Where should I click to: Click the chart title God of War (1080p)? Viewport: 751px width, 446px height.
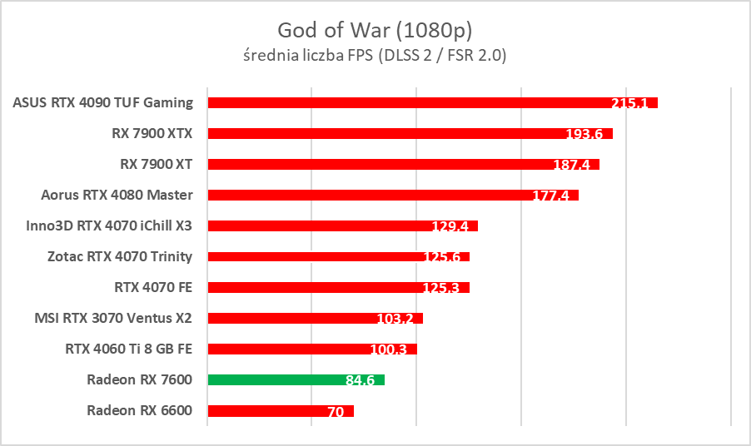(x=375, y=31)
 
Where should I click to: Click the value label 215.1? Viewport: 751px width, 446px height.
(x=630, y=104)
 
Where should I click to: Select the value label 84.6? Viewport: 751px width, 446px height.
(x=360, y=381)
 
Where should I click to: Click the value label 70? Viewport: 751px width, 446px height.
(x=336, y=412)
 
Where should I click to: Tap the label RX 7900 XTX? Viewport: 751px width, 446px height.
(x=152, y=133)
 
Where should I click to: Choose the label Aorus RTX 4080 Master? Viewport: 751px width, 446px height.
(x=117, y=195)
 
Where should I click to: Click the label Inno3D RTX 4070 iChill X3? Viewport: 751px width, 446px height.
(x=110, y=225)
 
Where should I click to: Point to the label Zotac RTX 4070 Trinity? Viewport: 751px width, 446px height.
(x=120, y=256)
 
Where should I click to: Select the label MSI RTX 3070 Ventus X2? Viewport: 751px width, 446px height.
(x=113, y=318)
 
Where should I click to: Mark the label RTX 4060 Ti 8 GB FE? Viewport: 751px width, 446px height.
(x=129, y=349)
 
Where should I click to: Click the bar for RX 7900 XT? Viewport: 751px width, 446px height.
(x=375, y=164)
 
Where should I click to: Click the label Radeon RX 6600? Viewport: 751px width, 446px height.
(x=139, y=410)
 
